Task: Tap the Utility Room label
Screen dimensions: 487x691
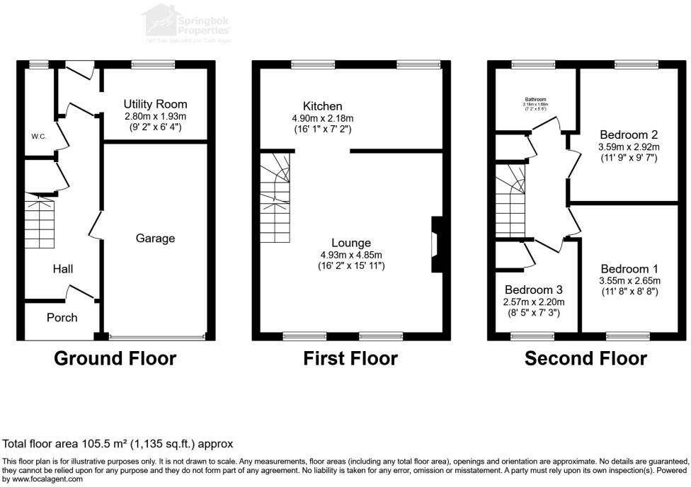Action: click(155, 104)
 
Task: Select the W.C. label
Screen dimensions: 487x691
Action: click(38, 136)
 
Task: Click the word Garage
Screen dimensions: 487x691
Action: click(155, 239)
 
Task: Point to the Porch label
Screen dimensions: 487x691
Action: click(62, 317)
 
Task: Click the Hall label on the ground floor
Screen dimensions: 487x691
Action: click(62, 269)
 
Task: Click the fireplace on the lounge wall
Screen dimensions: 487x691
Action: click(436, 244)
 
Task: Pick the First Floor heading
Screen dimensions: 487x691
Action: click(350, 358)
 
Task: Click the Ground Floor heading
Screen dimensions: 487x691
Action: click(115, 358)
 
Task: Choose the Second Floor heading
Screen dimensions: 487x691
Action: click(586, 358)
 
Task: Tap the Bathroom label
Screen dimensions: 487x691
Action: click(535, 99)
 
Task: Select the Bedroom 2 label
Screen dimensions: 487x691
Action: click(629, 134)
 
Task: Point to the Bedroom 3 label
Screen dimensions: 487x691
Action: click(534, 290)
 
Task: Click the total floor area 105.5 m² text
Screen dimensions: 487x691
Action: click(118, 445)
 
